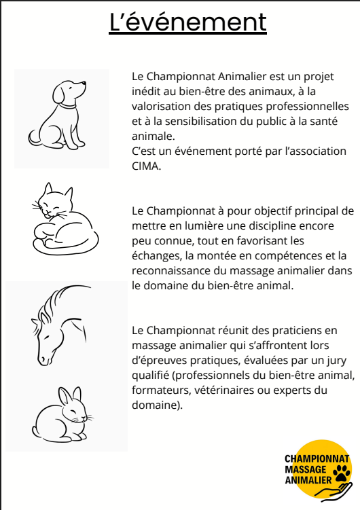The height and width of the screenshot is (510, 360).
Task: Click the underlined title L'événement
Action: point(187,22)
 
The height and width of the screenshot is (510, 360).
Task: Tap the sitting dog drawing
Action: point(57,115)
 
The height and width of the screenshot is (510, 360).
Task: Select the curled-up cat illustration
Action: point(65,219)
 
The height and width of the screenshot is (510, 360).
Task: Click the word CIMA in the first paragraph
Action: point(145,166)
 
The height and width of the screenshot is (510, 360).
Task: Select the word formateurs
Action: point(161,390)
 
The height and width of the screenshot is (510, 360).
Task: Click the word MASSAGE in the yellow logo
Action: point(306,469)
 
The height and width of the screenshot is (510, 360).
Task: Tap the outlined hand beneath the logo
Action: point(334,490)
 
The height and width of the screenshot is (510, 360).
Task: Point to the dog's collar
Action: point(67,105)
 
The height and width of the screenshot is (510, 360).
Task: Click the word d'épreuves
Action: point(159,361)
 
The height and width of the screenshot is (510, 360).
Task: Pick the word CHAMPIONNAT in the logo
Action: point(317,458)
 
